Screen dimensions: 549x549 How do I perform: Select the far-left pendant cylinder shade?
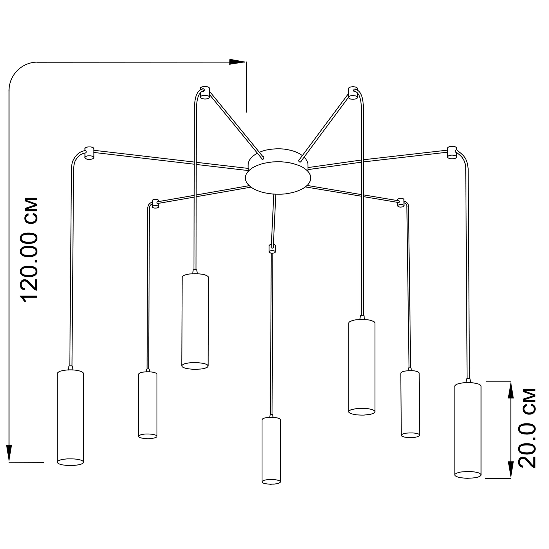[71, 418]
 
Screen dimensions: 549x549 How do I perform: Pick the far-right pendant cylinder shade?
[468, 430]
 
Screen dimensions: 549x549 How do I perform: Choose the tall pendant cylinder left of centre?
[195, 321]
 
